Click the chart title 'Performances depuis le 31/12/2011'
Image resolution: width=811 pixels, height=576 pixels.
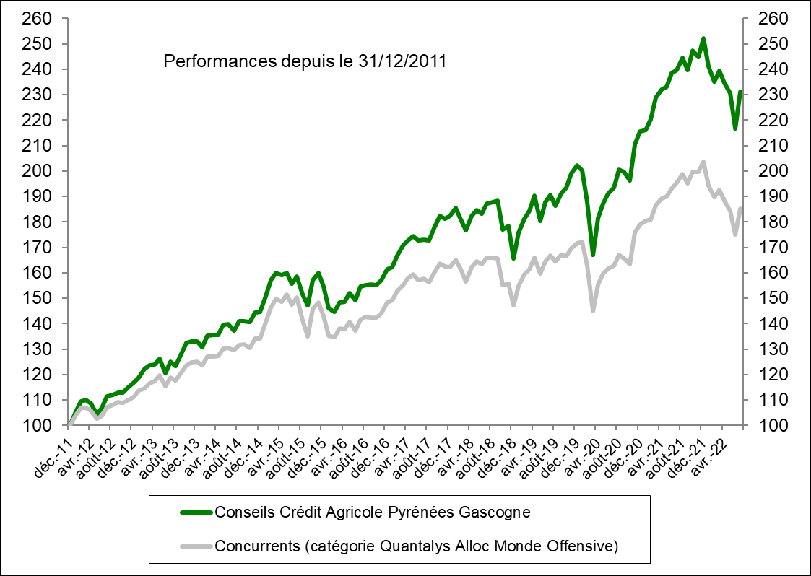pos(305,61)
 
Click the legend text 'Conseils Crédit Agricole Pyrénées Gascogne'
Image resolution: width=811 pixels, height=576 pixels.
pos(373,512)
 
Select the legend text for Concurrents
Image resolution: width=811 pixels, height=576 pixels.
pos(417,546)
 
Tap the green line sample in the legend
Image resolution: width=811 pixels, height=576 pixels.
pos(194,512)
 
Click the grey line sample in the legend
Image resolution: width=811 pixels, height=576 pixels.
pos(194,546)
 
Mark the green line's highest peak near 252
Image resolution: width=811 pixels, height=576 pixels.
pos(703,38)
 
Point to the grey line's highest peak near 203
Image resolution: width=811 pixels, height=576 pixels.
pos(703,162)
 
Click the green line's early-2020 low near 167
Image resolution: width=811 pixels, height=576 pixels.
pos(593,255)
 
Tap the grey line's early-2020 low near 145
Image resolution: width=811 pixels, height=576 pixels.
pos(593,311)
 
